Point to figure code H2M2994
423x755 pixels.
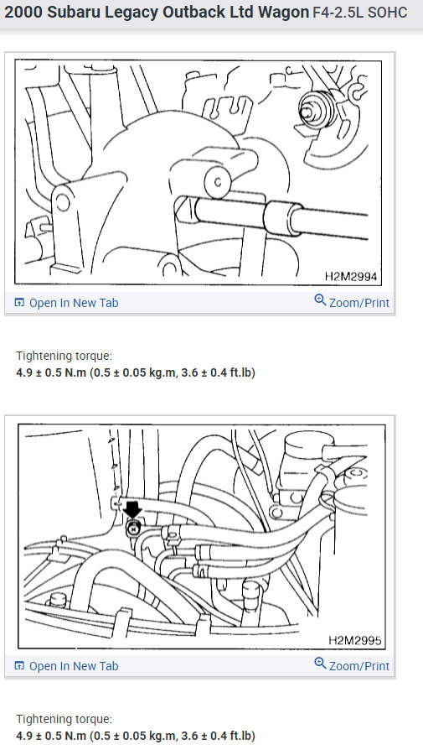[x=352, y=275]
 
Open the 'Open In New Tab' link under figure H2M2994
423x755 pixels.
[x=73, y=303]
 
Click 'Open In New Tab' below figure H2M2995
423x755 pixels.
[x=73, y=666]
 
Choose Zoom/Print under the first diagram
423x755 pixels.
[x=359, y=303]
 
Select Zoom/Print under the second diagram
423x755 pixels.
[x=359, y=666]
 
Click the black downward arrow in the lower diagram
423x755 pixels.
[x=132, y=510]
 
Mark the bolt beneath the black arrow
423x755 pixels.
[x=132, y=528]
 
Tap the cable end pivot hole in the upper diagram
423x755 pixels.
[x=216, y=181]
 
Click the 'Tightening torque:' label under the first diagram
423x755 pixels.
[x=64, y=356]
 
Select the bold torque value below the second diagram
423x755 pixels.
[x=135, y=736]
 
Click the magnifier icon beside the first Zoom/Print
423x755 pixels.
[x=319, y=301]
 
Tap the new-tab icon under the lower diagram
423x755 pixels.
[x=20, y=666]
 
